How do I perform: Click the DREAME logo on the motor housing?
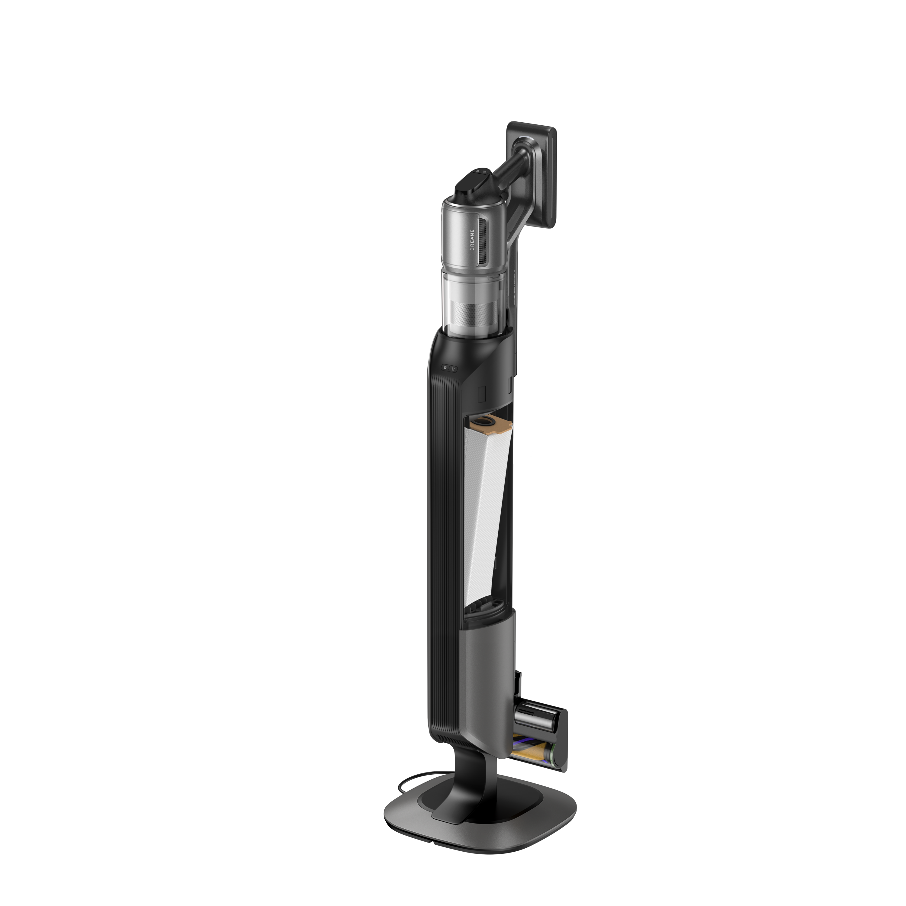pyautogui.click(x=472, y=239)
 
